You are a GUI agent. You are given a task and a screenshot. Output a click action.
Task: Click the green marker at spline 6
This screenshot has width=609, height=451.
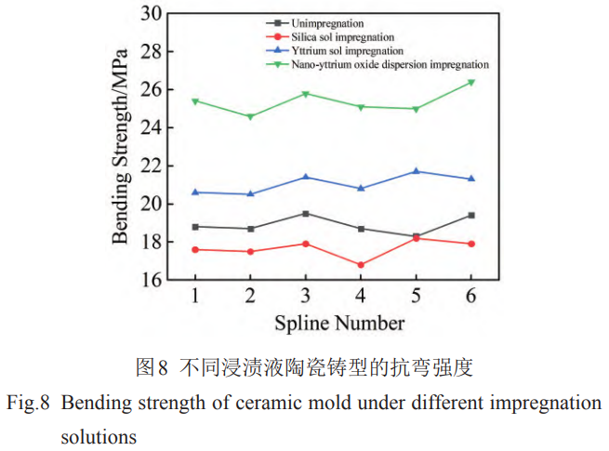pyautogui.click(x=470, y=83)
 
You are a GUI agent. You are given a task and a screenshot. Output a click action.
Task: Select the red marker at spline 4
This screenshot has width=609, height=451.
pyautogui.click(x=361, y=265)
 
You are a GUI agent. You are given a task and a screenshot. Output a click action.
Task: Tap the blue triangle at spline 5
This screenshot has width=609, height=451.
pyautogui.click(x=416, y=171)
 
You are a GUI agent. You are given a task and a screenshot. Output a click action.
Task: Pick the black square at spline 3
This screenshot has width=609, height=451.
pyautogui.click(x=305, y=213)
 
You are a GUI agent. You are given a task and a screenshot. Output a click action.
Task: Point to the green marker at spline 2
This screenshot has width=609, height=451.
pyautogui.click(x=250, y=117)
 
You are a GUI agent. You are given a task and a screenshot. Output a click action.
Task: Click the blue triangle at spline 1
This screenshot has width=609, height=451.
pyautogui.click(x=195, y=192)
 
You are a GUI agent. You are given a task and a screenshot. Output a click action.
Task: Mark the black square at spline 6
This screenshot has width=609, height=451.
pyautogui.click(x=470, y=215)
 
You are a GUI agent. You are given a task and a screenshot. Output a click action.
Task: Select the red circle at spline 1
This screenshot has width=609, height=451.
pyautogui.click(x=195, y=249)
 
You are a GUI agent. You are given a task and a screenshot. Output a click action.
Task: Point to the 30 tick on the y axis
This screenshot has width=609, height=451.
pyautogui.click(x=151, y=13)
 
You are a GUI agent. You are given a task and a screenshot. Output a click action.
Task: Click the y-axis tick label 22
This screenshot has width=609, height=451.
pyautogui.click(x=151, y=166)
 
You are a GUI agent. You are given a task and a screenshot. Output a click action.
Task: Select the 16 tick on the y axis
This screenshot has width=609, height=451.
pyautogui.click(x=151, y=280)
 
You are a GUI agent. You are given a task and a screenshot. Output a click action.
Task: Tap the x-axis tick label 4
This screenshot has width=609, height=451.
pyautogui.click(x=361, y=296)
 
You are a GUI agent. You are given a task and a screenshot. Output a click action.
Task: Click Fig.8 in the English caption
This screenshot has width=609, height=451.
pyautogui.click(x=29, y=404)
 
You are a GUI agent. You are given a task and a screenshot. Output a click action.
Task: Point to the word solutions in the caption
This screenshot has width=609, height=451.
pyautogui.click(x=99, y=435)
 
